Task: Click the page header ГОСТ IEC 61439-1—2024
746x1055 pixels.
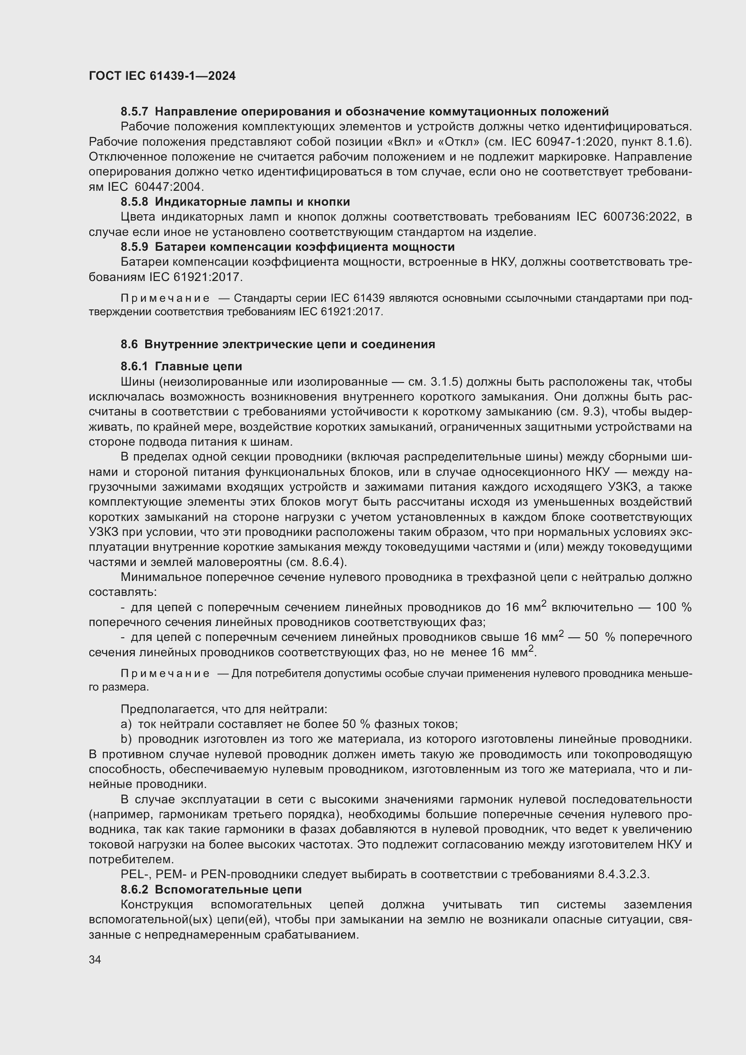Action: click(162, 76)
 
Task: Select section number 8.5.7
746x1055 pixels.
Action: click(134, 112)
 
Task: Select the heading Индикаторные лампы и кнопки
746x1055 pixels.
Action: click(252, 202)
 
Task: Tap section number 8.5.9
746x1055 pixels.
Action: click(134, 247)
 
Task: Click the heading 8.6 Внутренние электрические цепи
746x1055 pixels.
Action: click(277, 344)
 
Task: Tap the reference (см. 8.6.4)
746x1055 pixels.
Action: click(316, 562)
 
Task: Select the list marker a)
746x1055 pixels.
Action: click(126, 725)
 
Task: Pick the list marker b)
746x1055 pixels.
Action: click(126, 739)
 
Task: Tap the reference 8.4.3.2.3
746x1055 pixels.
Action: click(623, 875)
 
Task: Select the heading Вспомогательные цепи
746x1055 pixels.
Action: click(228, 889)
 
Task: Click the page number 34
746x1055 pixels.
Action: click(95, 959)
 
